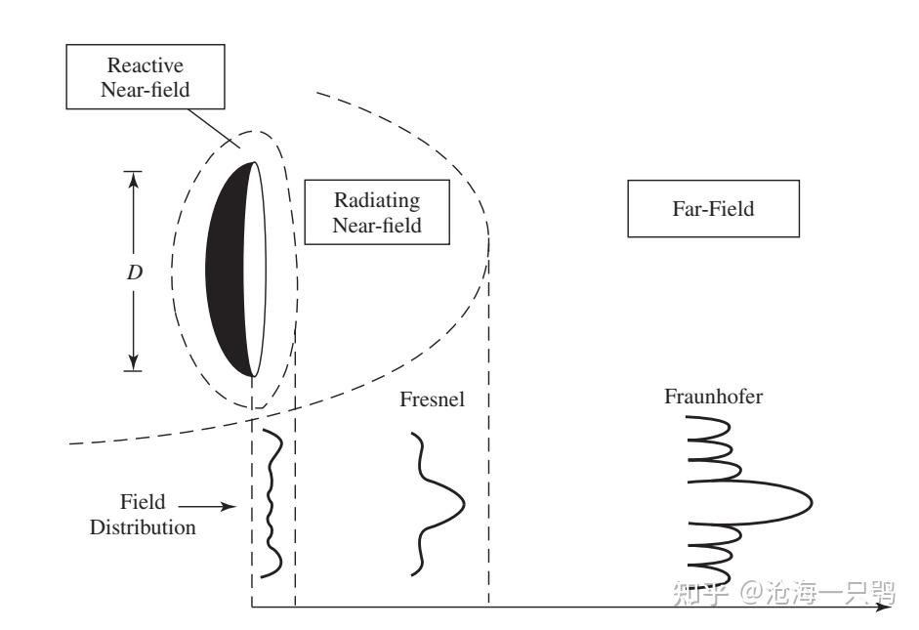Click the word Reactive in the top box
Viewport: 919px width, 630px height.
point(146,65)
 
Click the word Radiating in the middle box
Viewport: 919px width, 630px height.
point(377,200)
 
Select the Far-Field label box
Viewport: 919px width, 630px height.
point(713,209)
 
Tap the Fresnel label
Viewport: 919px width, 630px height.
point(432,399)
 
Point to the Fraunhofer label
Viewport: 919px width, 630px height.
point(713,397)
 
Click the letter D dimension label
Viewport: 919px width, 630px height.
point(135,272)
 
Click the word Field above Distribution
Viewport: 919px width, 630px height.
point(143,502)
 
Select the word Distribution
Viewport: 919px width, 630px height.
point(143,526)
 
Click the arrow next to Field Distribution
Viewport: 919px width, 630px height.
point(206,506)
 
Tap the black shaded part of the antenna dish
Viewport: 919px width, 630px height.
point(226,270)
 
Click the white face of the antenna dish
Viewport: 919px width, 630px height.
point(255,270)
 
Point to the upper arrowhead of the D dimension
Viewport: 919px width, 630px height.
point(134,180)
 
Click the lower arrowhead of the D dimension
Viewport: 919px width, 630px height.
point(134,362)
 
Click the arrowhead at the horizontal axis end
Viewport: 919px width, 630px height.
point(883,607)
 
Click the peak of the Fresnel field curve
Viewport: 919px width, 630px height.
point(464,503)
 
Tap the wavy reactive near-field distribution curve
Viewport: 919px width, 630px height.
point(271,503)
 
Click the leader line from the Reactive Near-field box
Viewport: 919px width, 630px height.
point(214,128)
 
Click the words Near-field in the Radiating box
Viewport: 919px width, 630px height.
point(377,225)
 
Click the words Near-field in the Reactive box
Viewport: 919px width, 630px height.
point(146,90)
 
